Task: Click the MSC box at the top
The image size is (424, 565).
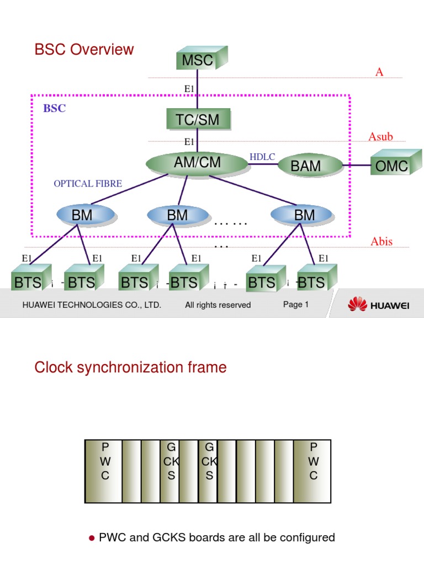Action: (x=197, y=60)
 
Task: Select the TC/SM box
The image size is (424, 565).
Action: (x=197, y=119)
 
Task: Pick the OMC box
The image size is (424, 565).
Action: (x=391, y=165)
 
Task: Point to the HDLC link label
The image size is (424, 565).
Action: (x=262, y=157)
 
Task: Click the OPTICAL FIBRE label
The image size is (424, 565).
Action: (x=88, y=184)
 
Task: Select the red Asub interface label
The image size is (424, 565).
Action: (x=380, y=137)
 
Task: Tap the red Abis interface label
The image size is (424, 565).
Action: (x=381, y=242)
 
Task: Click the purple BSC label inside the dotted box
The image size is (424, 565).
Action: (x=54, y=108)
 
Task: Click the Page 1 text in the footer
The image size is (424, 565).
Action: (x=296, y=305)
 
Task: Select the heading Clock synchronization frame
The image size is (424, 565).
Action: (x=130, y=367)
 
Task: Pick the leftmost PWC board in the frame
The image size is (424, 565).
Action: (x=104, y=471)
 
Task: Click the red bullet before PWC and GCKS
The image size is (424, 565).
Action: (x=92, y=538)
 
